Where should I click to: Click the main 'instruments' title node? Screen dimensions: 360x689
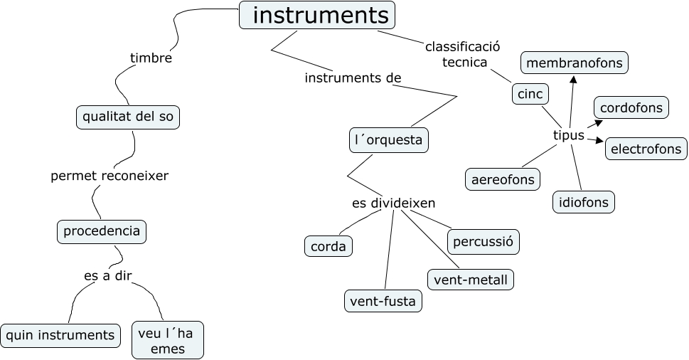pyautogui.click(x=317, y=15)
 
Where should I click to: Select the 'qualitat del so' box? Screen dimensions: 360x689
pyautogui.click(x=128, y=117)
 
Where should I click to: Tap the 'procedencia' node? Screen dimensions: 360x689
pyautogui.click(x=102, y=231)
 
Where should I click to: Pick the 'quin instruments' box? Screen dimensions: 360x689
pyautogui.click(x=60, y=334)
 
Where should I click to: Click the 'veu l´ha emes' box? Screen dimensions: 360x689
pyautogui.click(x=168, y=340)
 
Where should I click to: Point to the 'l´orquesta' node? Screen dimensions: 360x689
pyautogui.click(x=388, y=140)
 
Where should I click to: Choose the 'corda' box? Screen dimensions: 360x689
pyautogui.click(x=329, y=247)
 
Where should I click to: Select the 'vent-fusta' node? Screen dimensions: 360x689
pyautogui.click(x=383, y=301)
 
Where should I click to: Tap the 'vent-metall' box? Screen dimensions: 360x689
pyautogui.click(x=470, y=280)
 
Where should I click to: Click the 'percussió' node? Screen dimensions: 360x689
pyautogui.click(x=484, y=241)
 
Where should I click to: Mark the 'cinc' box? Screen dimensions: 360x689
pyautogui.click(x=530, y=94)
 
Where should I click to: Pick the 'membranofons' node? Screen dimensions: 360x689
pyautogui.click(x=575, y=63)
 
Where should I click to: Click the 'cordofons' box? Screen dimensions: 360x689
pyautogui.click(x=631, y=108)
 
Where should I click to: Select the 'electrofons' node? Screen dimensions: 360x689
pyautogui.click(x=646, y=149)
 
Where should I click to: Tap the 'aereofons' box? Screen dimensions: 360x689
pyautogui.click(x=503, y=179)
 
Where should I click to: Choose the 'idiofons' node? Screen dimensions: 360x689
pyautogui.click(x=583, y=202)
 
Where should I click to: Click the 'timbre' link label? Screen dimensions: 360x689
pyautogui.click(x=151, y=58)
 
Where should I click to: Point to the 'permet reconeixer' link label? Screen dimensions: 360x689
pyautogui.click(x=110, y=176)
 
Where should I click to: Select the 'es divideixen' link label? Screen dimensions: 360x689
pyautogui.click(x=393, y=203)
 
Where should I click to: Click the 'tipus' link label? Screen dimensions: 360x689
pyautogui.click(x=568, y=135)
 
